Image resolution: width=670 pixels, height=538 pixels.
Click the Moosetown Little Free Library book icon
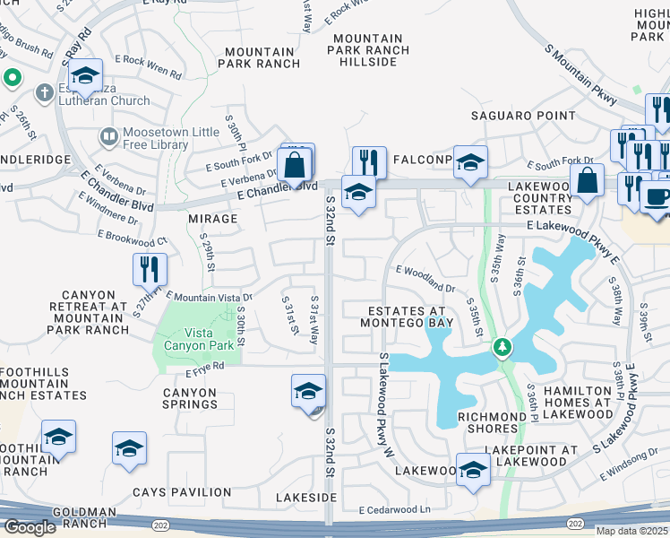(x=108, y=136)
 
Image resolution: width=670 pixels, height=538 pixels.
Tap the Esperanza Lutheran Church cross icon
(x=43, y=92)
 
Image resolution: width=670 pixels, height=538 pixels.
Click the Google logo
(x=30, y=527)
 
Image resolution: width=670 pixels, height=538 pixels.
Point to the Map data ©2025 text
(x=631, y=531)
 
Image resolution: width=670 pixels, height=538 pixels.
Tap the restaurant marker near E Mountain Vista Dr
(x=150, y=269)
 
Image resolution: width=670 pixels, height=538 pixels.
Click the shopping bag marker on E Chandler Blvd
(x=296, y=165)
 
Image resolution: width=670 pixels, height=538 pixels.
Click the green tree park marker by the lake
(x=502, y=347)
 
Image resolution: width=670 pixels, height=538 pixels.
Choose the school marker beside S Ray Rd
(x=87, y=76)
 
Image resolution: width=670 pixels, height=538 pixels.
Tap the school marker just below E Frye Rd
(x=308, y=392)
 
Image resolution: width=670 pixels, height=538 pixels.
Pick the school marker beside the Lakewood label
(x=473, y=470)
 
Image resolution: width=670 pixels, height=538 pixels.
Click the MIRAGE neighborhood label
(x=212, y=218)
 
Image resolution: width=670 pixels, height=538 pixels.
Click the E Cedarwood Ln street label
(x=395, y=510)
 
